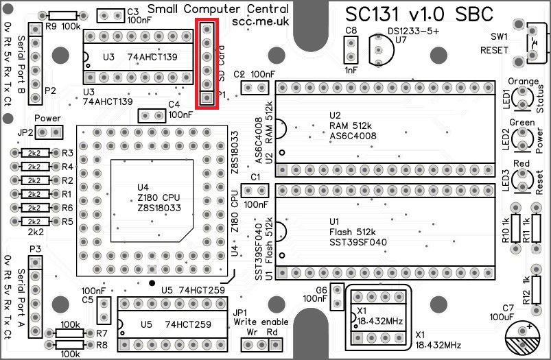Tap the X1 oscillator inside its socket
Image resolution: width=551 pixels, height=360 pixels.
tap(377, 317)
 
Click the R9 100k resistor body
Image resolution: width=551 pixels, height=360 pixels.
tap(62, 16)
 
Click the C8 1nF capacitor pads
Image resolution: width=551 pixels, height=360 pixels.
tap(351, 50)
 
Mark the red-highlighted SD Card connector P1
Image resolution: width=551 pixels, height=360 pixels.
tap(207, 63)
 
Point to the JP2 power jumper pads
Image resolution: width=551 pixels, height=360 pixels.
tap(49, 132)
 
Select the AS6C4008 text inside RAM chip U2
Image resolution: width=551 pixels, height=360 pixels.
tap(351, 136)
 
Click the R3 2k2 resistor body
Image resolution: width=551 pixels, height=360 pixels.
tap(33, 153)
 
